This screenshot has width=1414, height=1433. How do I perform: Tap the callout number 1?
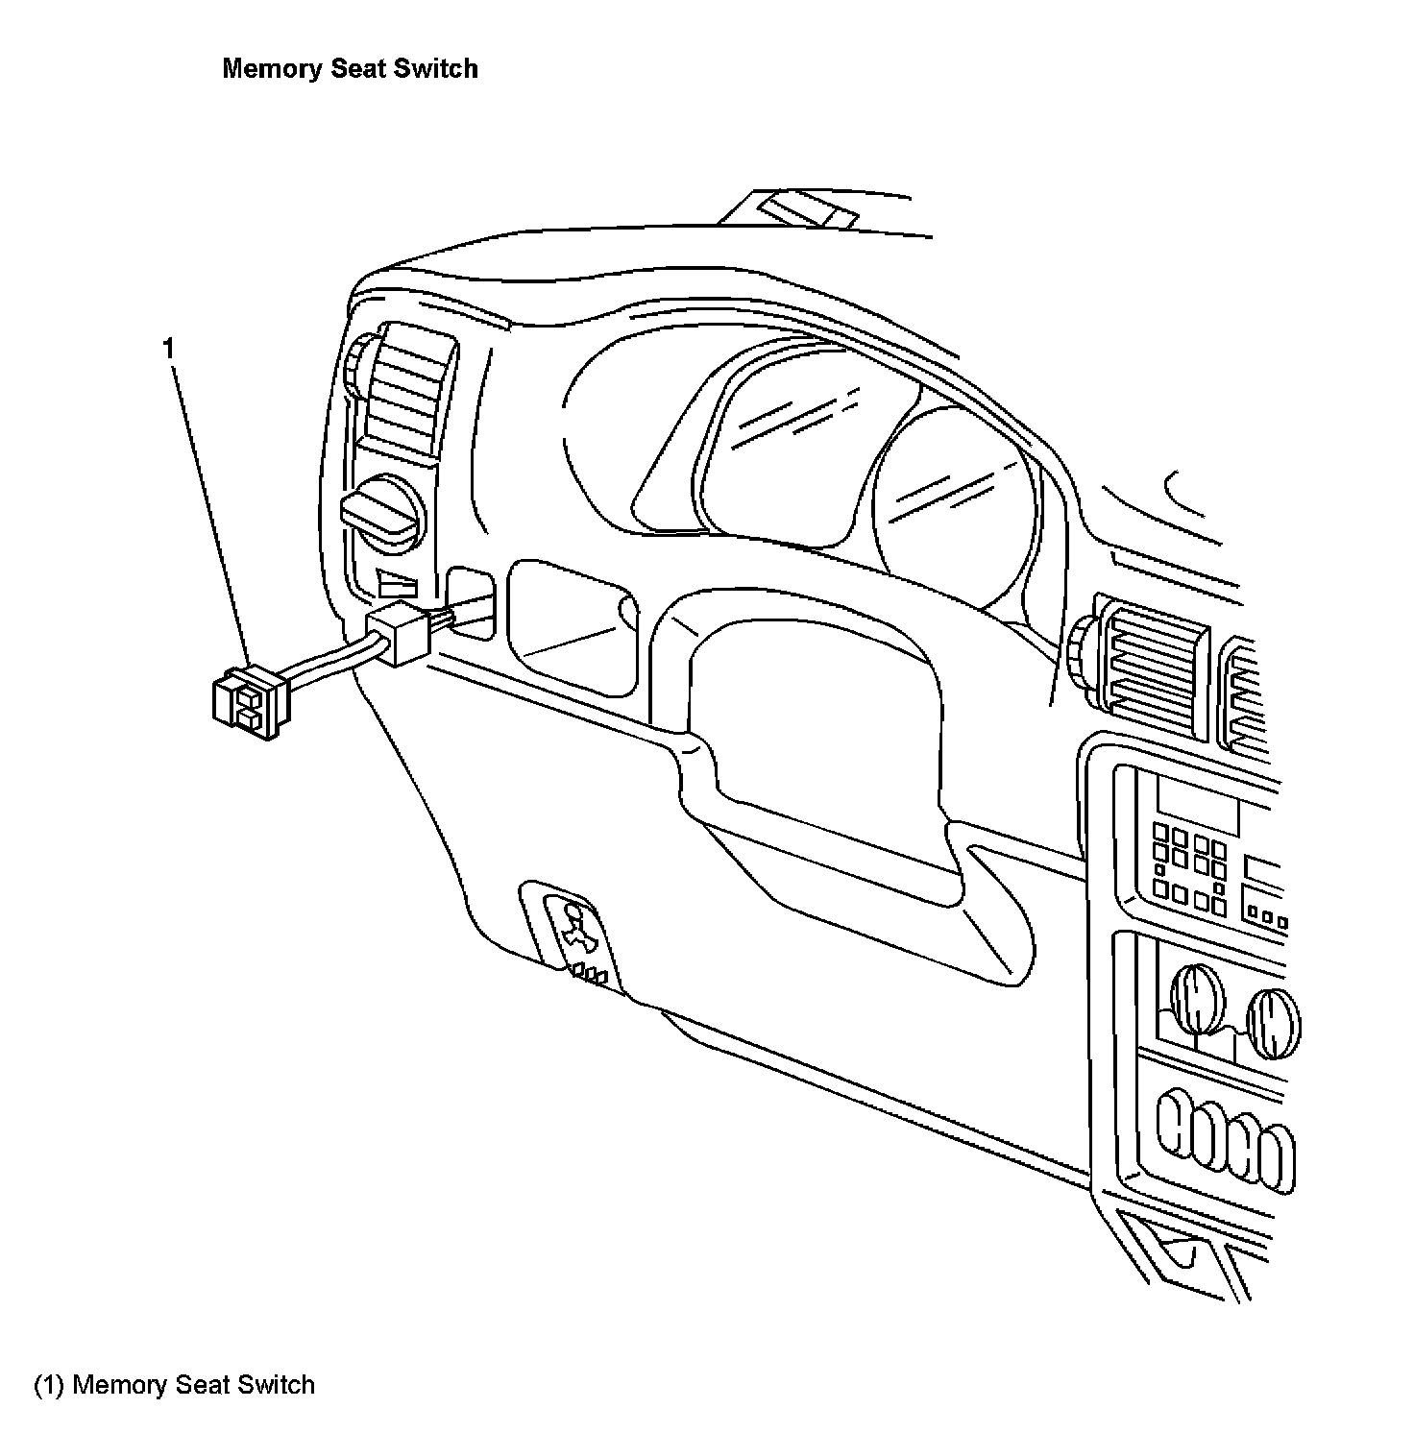point(169,349)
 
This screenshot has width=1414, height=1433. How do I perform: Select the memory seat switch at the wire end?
point(246,700)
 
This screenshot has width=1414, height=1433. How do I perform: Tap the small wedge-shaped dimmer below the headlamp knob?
point(398,584)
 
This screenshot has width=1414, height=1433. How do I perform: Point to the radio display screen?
point(1196,803)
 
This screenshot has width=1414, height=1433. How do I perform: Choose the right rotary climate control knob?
point(1272,1023)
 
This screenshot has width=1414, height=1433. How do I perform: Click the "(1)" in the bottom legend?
point(50,1385)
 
